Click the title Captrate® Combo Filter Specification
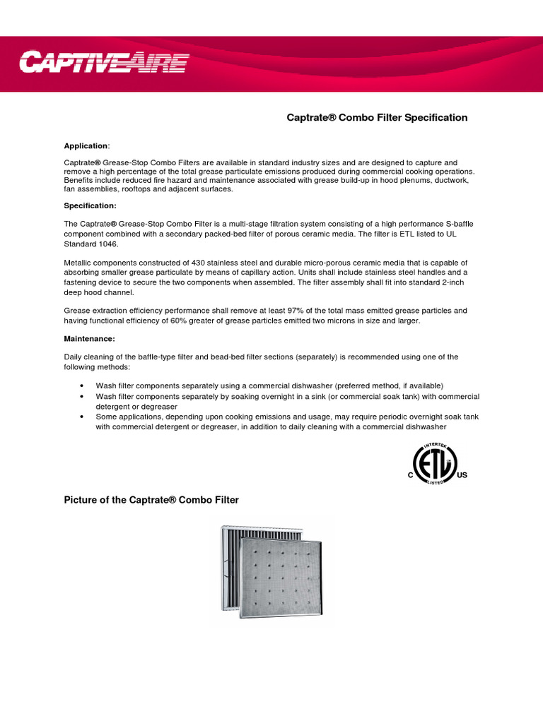point(376,117)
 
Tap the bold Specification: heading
point(90,205)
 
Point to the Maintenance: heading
point(90,339)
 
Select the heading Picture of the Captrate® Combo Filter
point(151,500)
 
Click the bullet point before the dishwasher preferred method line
point(83,386)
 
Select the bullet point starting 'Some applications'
point(83,417)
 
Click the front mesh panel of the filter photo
point(279,571)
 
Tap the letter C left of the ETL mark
point(410,475)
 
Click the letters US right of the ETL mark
point(462,475)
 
